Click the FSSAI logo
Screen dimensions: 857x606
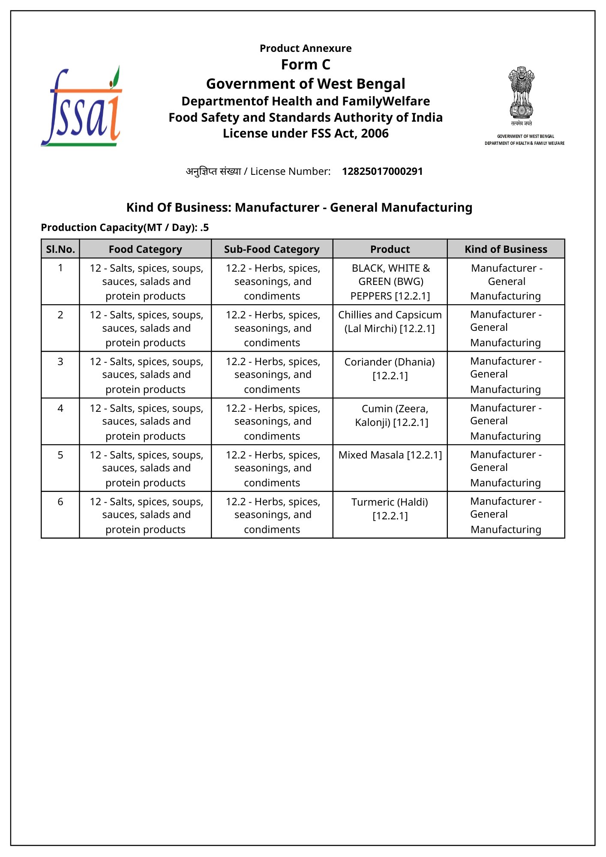[x=81, y=107]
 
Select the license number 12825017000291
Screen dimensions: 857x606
[x=382, y=171]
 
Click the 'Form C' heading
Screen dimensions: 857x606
[x=306, y=65]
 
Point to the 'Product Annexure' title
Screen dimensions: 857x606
[x=306, y=48]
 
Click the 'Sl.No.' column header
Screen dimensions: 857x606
[x=60, y=249]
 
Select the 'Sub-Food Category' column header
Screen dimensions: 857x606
[x=272, y=249]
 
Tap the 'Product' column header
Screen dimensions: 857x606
[x=390, y=249]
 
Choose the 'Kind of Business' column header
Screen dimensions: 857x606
[x=506, y=249]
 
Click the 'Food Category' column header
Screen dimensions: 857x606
[x=145, y=249]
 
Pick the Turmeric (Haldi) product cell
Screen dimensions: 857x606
[x=390, y=509]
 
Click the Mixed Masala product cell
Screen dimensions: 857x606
[x=390, y=455]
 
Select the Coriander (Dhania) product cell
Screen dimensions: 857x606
[x=390, y=369]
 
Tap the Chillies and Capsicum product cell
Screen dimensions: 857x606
[x=390, y=321]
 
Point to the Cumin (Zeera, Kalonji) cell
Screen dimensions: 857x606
[x=392, y=415]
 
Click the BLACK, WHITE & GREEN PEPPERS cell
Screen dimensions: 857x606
[x=390, y=282]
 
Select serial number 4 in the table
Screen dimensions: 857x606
[x=60, y=408]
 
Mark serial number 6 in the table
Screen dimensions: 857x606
[x=60, y=502]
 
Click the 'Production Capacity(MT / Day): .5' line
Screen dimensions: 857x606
[x=125, y=228]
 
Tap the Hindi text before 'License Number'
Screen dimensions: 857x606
[x=213, y=171]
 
